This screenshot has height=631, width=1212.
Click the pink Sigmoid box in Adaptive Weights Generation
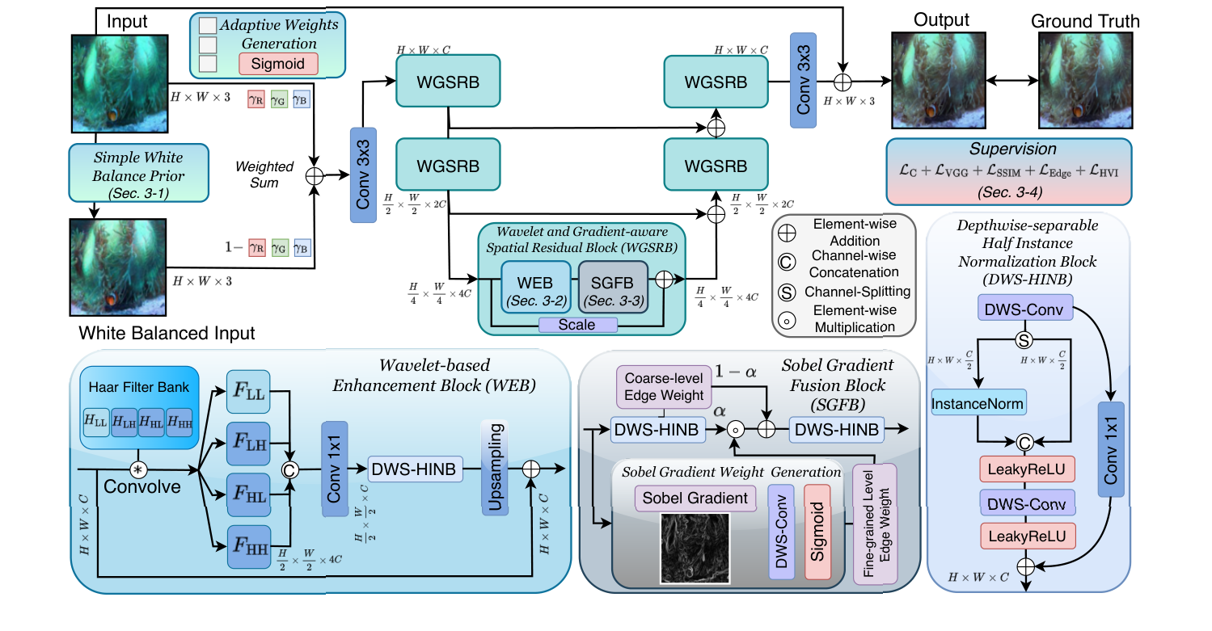click(x=278, y=63)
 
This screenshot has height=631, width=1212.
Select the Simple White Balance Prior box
click(x=138, y=173)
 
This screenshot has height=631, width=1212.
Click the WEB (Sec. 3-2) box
click(x=535, y=288)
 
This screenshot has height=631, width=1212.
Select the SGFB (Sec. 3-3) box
click(x=612, y=288)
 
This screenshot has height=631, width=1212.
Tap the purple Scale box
click(x=576, y=324)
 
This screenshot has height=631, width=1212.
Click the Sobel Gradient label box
click(x=695, y=498)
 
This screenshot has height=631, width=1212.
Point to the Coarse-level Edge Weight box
click(x=663, y=385)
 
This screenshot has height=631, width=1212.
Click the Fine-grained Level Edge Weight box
click(x=875, y=524)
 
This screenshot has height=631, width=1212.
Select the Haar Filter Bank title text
click(x=140, y=388)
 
